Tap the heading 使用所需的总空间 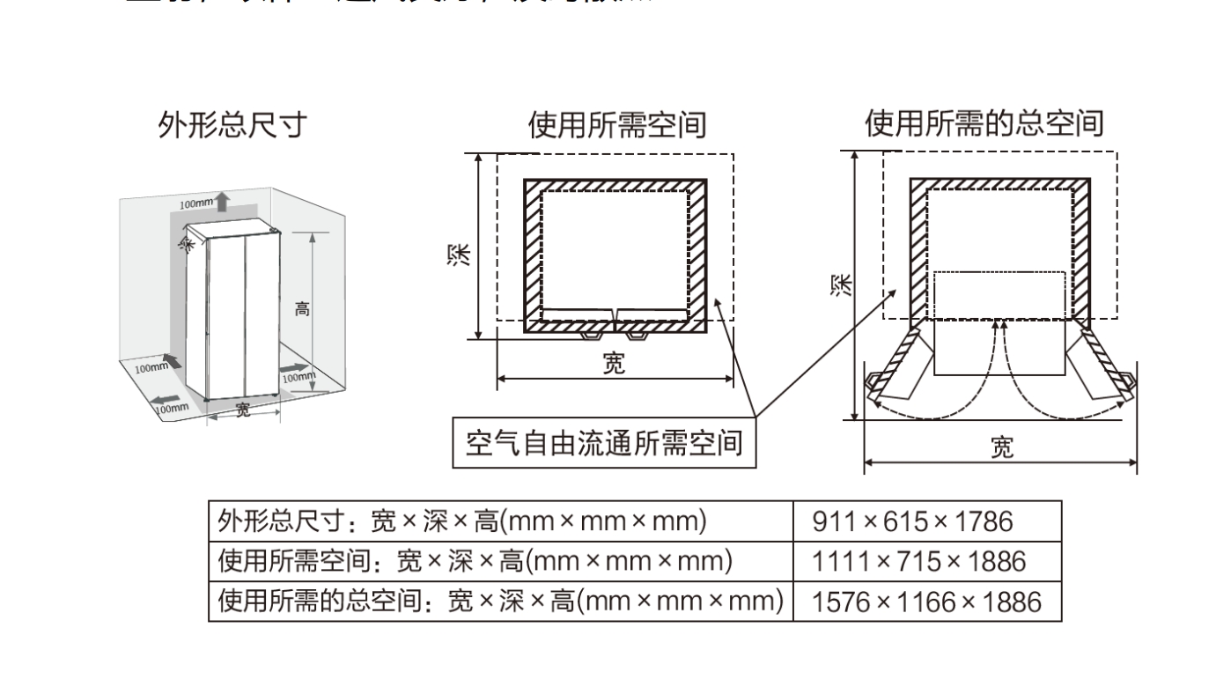984,124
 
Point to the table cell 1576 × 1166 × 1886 925,602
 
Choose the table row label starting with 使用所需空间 476,562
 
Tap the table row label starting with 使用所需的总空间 500,602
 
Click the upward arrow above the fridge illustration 222,202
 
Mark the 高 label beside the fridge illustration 302,309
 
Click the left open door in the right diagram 896,366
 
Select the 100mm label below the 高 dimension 298,377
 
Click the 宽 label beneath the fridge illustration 243,409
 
